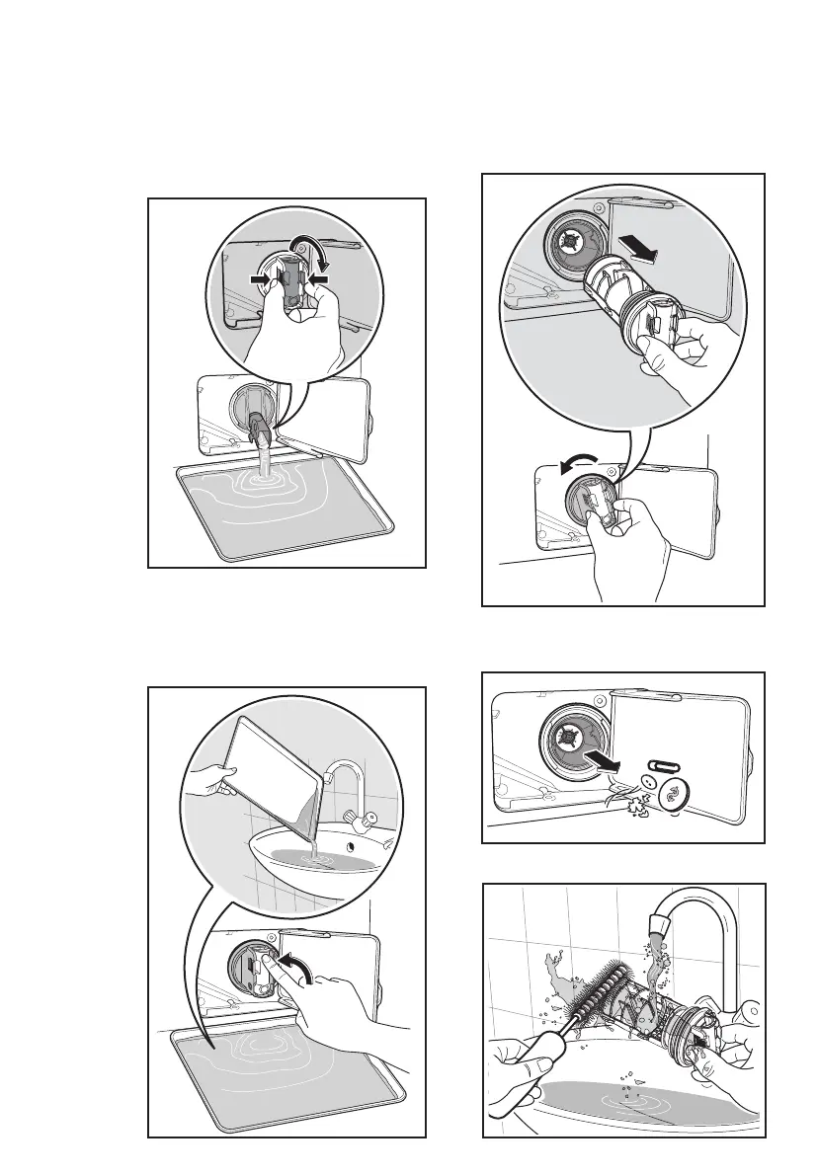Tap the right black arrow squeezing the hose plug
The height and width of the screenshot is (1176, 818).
[x=318, y=281]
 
